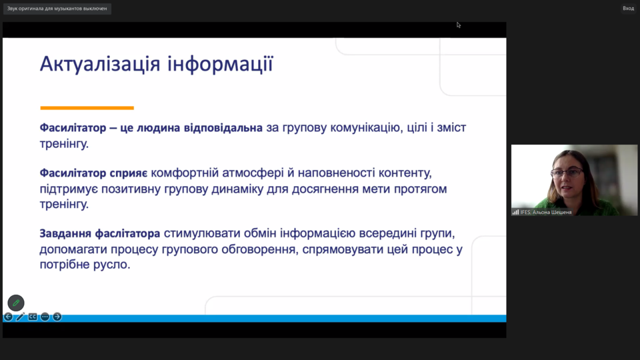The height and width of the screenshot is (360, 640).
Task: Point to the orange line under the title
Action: pyautogui.click(x=87, y=108)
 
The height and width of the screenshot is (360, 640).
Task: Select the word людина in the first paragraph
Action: pyautogui.click(x=159, y=128)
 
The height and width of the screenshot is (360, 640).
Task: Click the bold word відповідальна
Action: pyautogui.click(x=223, y=128)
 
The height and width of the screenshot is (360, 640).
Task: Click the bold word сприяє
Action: pyautogui.click(x=129, y=173)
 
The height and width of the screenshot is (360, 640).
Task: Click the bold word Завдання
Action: pyautogui.click(x=65, y=234)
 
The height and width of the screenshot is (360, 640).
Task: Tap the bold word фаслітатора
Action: pyautogui.click(x=127, y=234)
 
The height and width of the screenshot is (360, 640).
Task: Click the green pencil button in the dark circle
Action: pyautogui.click(x=16, y=303)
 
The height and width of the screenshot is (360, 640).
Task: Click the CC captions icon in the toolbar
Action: pyautogui.click(x=33, y=317)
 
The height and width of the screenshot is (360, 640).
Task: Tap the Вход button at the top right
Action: pyautogui.click(x=628, y=9)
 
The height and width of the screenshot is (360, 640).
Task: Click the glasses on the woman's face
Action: pyautogui.click(x=567, y=173)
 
